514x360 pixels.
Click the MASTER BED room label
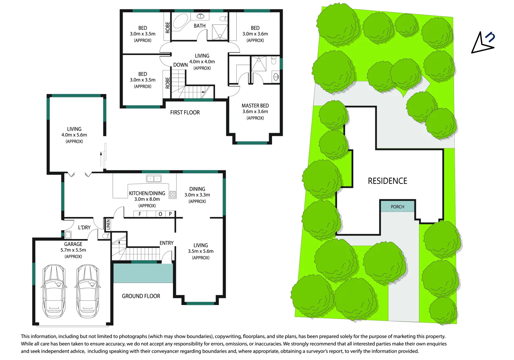pos(255,106)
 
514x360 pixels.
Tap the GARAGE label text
pos(73,244)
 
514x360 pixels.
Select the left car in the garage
pos(54,291)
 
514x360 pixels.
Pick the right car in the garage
pos(87,291)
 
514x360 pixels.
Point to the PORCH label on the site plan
pos(397,207)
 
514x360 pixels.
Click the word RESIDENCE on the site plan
pos(387,181)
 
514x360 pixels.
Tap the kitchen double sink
pos(154,179)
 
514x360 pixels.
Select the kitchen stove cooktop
pos(173,195)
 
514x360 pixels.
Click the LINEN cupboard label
pos(108,224)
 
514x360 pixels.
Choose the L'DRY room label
pos(84,227)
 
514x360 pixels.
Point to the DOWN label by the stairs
pos(180,65)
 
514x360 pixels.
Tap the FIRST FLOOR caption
pos(185,112)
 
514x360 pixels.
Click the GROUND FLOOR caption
pos(141,296)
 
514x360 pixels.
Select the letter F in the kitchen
pos(140,214)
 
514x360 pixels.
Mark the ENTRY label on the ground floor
pos(166,243)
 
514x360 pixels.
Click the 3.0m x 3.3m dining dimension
pos(197,195)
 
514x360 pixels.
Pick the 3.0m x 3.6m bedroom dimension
pos(255,34)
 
